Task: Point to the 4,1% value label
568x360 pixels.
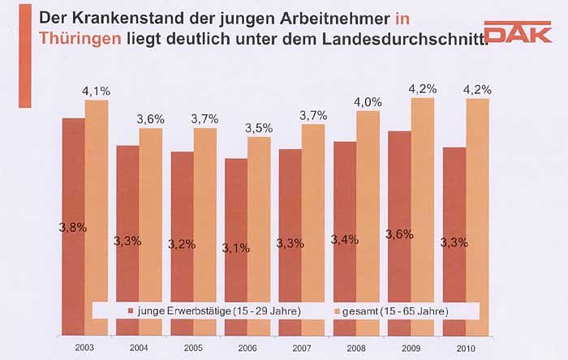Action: pyautogui.click(x=96, y=92)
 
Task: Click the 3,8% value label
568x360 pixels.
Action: pyautogui.click(x=73, y=227)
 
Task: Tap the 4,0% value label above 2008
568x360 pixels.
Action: pyautogui.click(x=368, y=102)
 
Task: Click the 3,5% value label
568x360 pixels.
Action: pyautogui.click(x=259, y=128)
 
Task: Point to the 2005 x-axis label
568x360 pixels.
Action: pyautogui.click(x=193, y=348)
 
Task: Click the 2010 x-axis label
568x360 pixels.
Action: pyautogui.click(x=466, y=348)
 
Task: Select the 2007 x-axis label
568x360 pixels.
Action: pyautogui.click(x=302, y=348)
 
